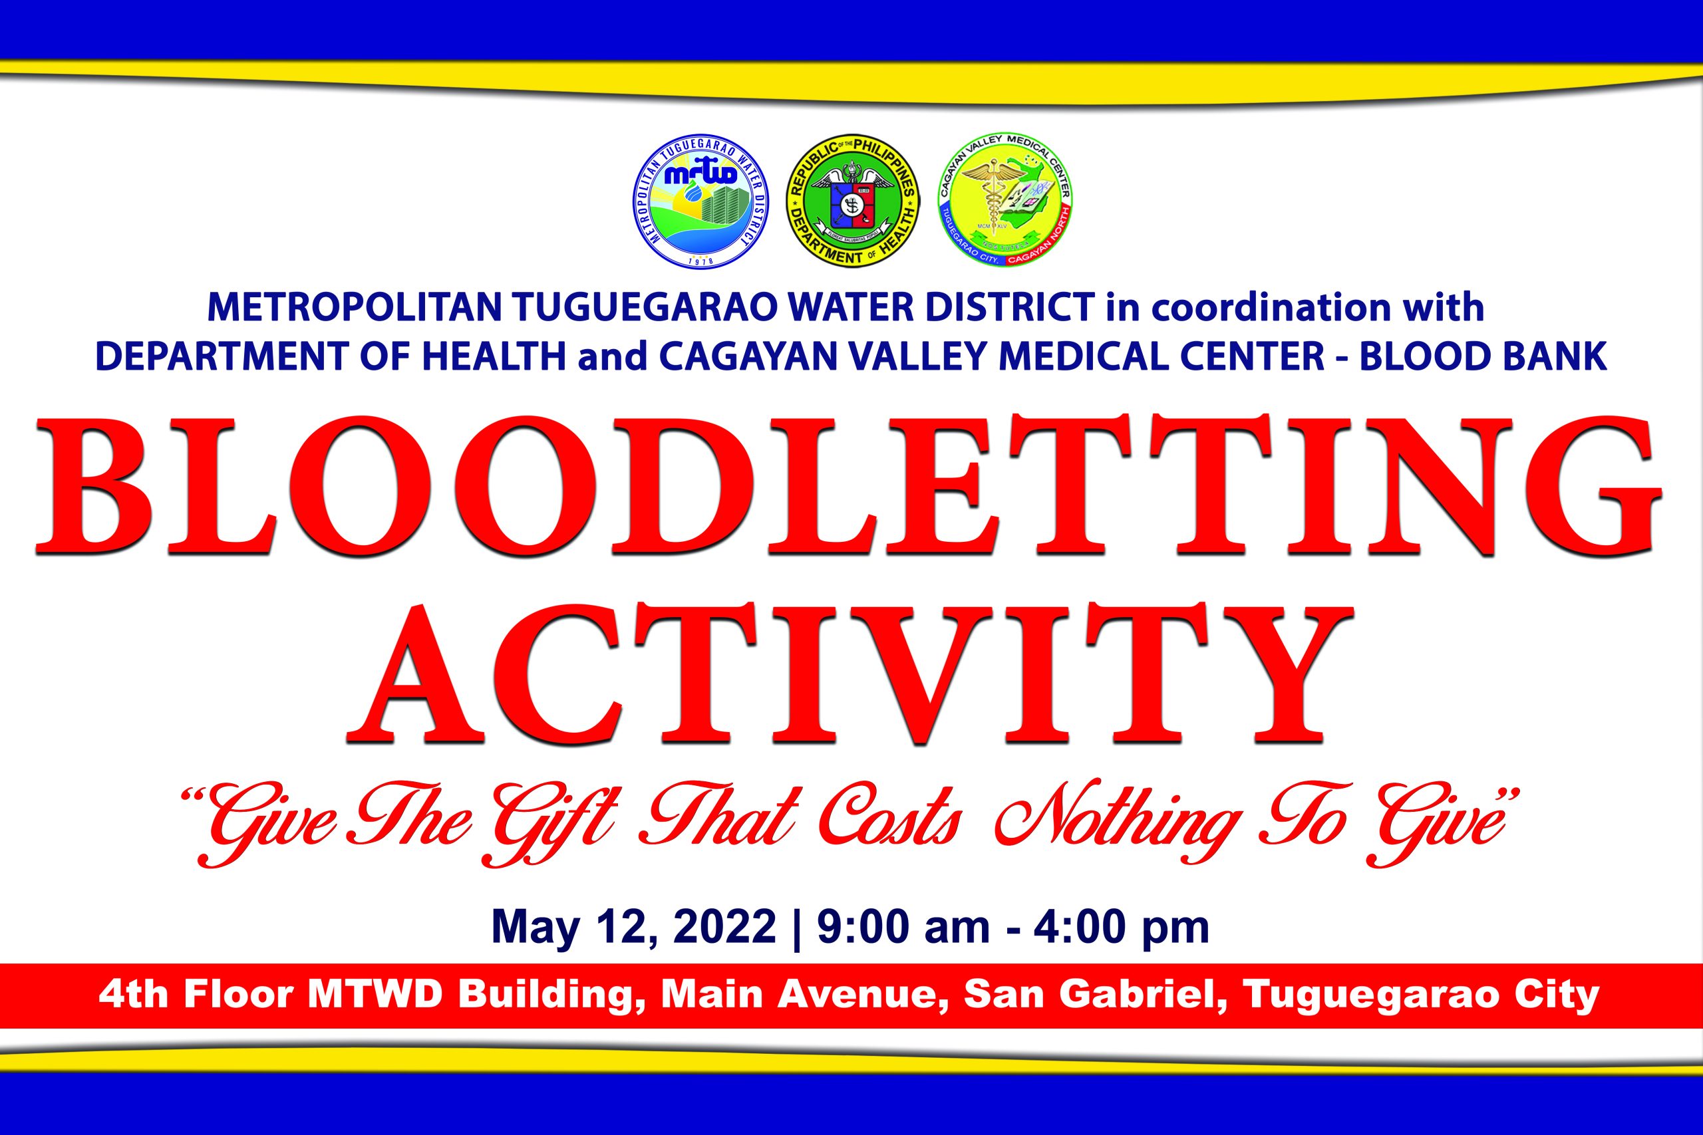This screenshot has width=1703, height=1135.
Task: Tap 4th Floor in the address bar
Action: (x=196, y=995)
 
